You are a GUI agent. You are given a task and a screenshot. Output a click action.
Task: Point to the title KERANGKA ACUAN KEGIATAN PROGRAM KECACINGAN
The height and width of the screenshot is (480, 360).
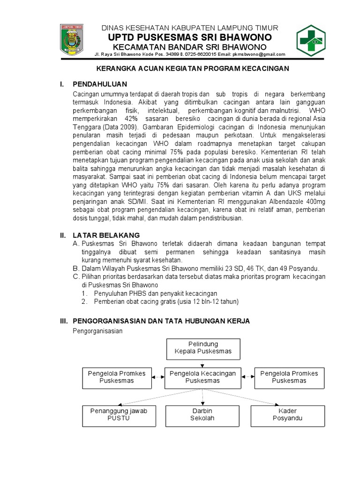[x=193, y=68]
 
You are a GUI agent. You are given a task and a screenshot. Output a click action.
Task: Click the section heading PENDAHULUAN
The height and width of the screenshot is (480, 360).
[x=100, y=84]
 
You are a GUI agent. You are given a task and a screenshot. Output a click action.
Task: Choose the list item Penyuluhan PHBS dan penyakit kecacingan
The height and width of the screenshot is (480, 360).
[x=152, y=293]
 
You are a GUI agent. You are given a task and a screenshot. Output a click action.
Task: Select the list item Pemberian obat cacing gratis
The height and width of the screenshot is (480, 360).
[x=159, y=302]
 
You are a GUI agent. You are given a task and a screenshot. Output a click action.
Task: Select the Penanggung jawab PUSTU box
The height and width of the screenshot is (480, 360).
[x=118, y=414]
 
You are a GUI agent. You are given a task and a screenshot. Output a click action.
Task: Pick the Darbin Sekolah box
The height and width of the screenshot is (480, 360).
[x=202, y=414]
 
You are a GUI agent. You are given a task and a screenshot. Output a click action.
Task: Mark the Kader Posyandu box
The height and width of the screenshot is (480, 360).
[x=287, y=414]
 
